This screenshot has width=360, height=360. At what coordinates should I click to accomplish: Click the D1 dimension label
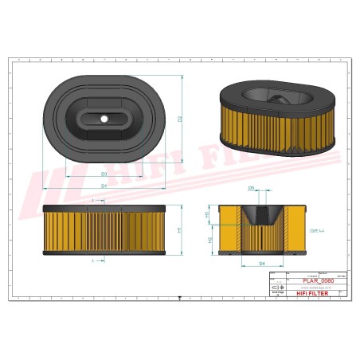[x=104, y=186]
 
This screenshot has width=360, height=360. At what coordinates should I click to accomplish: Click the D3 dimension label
[x=104, y=174]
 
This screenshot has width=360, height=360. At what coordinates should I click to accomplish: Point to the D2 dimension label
[x=181, y=119]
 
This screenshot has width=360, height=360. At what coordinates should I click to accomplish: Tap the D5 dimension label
[x=251, y=189]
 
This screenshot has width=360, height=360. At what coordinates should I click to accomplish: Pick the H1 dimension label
[x=179, y=230]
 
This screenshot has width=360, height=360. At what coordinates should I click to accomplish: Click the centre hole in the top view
[x=104, y=119]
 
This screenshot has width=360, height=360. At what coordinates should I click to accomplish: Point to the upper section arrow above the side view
[x=94, y=196]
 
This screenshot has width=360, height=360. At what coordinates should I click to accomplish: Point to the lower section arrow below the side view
[x=94, y=260]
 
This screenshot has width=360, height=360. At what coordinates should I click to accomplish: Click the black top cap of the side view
[x=103, y=208]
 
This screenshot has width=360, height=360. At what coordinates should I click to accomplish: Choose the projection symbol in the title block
[x=276, y=288]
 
